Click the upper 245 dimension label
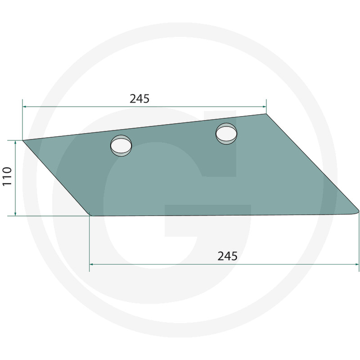(139, 99)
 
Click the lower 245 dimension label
(228, 256)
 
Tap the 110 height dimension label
(7, 176)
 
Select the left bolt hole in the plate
(121, 145)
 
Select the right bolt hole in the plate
(226, 134)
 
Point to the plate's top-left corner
(22, 140)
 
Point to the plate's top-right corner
(266, 114)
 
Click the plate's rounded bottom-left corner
(90, 215)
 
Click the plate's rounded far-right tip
(358, 211)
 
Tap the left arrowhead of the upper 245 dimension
(24, 107)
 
